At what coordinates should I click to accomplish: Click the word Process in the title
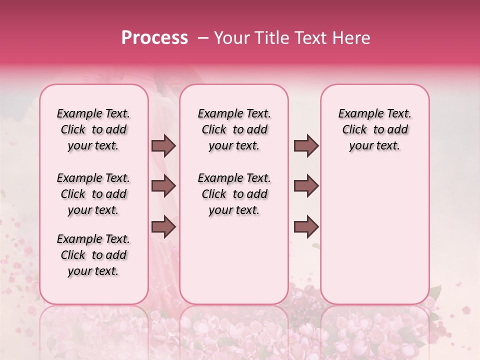(154, 38)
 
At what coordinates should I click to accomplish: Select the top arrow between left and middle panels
(163, 145)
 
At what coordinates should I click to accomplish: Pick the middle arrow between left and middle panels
(163, 186)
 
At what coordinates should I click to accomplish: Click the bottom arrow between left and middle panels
(163, 226)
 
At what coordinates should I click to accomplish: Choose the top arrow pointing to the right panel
(306, 145)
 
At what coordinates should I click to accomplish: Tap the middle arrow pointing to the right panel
(306, 186)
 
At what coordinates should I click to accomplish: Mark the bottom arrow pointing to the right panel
(306, 226)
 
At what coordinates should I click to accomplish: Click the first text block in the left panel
(93, 129)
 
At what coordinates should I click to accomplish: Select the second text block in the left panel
(93, 194)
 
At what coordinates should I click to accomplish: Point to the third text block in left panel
(93, 255)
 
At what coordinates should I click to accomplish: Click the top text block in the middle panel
(234, 129)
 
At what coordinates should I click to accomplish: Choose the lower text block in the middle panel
(234, 194)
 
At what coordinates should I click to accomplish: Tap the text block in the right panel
(374, 129)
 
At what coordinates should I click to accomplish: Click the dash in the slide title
(202, 38)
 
